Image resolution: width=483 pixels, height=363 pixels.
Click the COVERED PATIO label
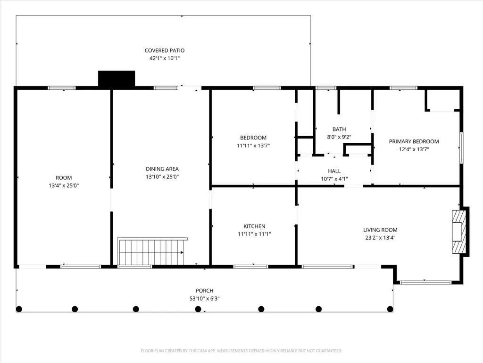point(165,50)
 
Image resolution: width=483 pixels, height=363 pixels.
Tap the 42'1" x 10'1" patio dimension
point(165,58)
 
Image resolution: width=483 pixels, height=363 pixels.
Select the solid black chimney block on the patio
point(117,78)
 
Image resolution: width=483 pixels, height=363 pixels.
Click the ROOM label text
point(64,178)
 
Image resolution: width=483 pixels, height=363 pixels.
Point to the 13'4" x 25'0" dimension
point(64,185)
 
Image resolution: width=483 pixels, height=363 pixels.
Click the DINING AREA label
point(162,169)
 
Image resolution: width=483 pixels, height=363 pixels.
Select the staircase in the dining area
point(152,251)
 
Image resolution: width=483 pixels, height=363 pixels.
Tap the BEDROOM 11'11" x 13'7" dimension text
point(253,146)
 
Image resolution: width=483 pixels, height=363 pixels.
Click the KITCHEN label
point(254,226)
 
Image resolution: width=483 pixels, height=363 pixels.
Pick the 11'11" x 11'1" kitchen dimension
point(254,234)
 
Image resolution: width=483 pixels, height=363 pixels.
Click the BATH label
point(339,130)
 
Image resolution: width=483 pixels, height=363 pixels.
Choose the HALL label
point(334,171)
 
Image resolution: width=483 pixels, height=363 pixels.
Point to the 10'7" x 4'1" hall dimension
point(334,179)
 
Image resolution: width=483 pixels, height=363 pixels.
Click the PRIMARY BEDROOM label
point(414,141)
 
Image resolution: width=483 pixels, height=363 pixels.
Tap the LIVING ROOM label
point(380,230)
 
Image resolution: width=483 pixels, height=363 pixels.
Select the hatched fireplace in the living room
point(459,232)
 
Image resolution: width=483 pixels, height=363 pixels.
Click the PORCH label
point(205,291)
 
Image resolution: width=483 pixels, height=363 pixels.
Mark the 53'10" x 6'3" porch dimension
point(205,299)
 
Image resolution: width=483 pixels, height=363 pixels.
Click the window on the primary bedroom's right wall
point(461,148)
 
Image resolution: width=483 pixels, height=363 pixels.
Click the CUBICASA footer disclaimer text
point(241,351)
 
